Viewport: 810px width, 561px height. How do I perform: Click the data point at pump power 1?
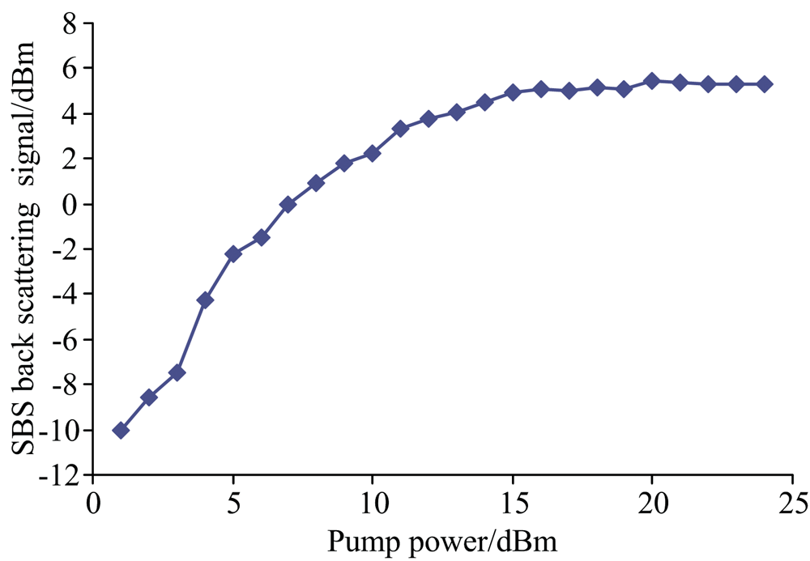(x=121, y=430)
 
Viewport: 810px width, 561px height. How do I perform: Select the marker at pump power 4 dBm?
(x=205, y=300)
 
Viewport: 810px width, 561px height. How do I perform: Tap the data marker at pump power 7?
(x=288, y=204)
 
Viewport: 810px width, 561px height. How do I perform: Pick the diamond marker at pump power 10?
(x=373, y=153)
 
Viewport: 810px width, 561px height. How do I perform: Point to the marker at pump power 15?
(x=512, y=91)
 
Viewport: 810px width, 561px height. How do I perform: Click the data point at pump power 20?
(x=651, y=81)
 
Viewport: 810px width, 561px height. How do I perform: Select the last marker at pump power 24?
(x=764, y=84)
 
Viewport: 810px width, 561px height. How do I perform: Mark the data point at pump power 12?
(x=428, y=118)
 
